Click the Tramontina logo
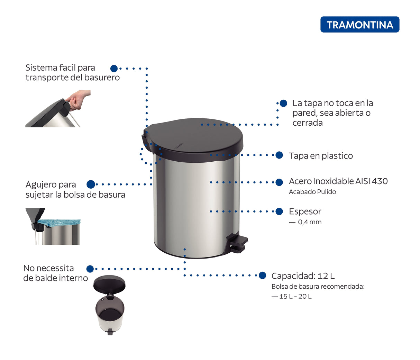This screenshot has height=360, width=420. click(360, 25)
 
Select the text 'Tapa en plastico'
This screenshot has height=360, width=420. click(321, 156)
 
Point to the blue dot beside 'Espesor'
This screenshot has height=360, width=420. click(279, 211)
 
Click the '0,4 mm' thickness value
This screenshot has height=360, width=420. click(310, 222)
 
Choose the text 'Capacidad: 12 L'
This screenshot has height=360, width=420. click(303, 276)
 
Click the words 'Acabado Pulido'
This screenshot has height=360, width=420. click(312, 192)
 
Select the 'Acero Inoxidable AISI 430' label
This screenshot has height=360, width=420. click(338, 181)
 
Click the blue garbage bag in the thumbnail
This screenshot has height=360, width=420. click(59, 222)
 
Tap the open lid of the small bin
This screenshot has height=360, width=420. click(109, 283)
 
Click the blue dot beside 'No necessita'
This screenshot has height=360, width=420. click(90, 269)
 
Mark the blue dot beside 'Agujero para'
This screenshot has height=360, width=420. click(91, 184)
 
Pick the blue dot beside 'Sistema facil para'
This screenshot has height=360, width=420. click(114, 69)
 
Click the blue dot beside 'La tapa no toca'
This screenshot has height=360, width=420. click(283, 103)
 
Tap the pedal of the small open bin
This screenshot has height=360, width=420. click(110, 332)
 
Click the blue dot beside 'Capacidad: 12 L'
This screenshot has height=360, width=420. click(263, 276)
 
